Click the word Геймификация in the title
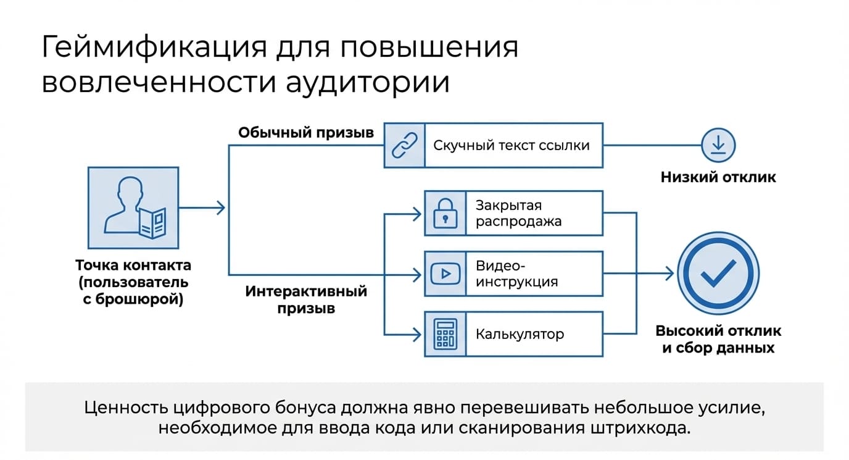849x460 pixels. point(154,48)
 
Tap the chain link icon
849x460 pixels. point(404,145)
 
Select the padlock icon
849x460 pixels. point(445,213)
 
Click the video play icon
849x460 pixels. point(445,274)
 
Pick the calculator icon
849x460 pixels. point(445,333)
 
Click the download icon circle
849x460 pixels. point(718,145)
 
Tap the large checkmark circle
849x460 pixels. point(718,274)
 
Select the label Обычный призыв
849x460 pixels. point(306,133)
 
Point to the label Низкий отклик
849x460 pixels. point(718,177)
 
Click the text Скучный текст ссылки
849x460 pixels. point(511,145)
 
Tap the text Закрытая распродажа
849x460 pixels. point(518,213)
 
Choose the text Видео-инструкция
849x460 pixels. point(516,274)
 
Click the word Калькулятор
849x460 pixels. point(520,334)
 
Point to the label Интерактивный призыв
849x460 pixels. point(306,299)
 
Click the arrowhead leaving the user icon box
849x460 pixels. point(221,208)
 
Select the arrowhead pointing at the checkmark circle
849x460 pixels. point(669,274)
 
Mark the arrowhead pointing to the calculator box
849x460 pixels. point(416,335)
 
